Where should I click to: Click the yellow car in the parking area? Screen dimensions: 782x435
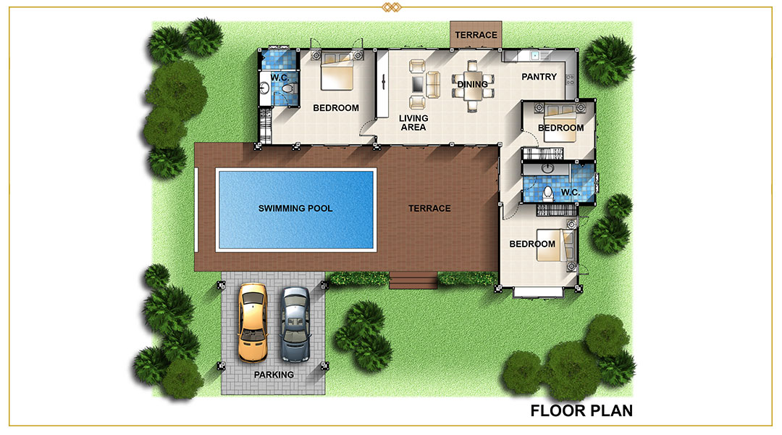(x=253, y=323)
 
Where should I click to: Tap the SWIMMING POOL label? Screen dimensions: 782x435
(x=295, y=208)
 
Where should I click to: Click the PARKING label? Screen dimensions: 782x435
(x=274, y=375)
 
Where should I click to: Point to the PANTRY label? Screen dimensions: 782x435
(x=539, y=77)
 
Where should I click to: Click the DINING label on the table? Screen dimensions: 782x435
(x=472, y=84)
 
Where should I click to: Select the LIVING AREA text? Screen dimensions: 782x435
(x=413, y=123)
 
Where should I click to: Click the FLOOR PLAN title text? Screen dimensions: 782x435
(x=581, y=410)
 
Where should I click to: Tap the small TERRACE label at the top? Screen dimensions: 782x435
(x=476, y=35)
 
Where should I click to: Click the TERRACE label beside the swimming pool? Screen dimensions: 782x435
(x=429, y=208)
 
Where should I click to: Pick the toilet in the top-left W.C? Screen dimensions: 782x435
(x=287, y=88)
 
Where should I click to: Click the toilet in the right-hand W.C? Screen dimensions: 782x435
(x=548, y=192)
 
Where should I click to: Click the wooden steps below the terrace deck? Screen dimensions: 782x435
(x=413, y=281)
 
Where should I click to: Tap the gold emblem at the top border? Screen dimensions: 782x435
(x=392, y=7)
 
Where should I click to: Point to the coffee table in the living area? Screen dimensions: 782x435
(x=418, y=84)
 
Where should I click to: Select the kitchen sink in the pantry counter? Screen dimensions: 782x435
(x=534, y=55)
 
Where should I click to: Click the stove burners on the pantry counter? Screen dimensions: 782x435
(x=570, y=80)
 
